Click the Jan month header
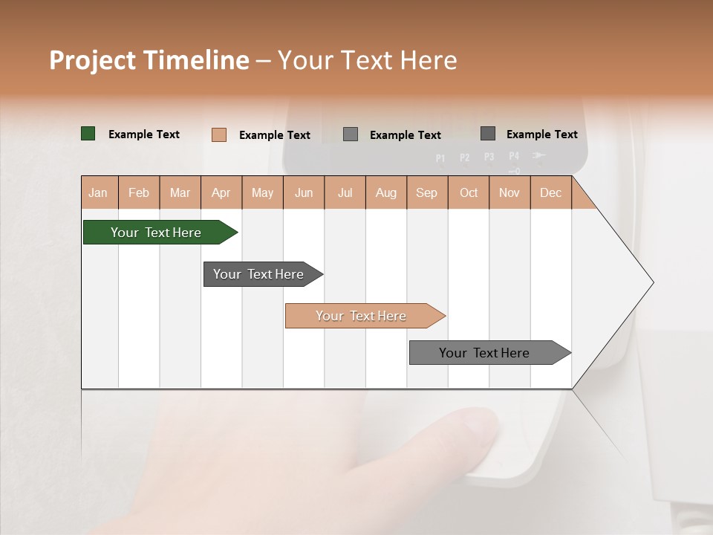coord(99,192)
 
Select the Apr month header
coord(221,192)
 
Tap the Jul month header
coord(345,192)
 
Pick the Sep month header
coord(426,192)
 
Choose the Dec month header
coord(550,192)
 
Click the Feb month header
coord(139,192)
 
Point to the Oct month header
coord(469,192)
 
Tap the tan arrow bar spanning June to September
coord(362,316)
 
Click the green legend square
coord(88,134)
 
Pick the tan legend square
coord(218,134)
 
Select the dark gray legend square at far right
coord(488,134)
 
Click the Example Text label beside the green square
coord(144,134)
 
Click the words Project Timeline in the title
coord(149,60)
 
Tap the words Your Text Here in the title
coord(367,60)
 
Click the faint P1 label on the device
coord(440,158)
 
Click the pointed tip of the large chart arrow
coord(652,282)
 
